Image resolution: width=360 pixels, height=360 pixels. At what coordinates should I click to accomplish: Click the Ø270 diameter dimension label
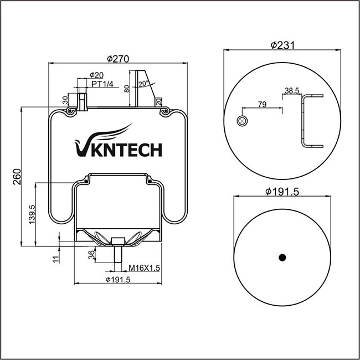click(x=117, y=59)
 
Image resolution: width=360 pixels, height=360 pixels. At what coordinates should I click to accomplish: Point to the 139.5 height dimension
click(x=32, y=214)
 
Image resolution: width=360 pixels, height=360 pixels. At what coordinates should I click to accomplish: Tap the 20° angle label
click(x=145, y=84)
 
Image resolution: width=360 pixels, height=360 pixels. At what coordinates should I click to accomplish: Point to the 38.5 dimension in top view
click(x=292, y=90)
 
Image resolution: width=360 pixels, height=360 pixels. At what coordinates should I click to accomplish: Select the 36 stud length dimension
click(x=91, y=255)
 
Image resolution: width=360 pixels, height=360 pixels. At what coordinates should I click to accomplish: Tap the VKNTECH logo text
click(x=117, y=149)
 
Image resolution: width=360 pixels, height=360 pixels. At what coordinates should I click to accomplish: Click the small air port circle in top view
click(x=241, y=121)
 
